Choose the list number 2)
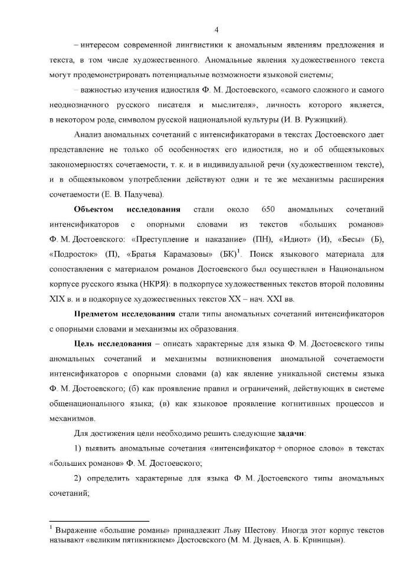78,479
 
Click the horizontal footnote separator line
100,521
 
